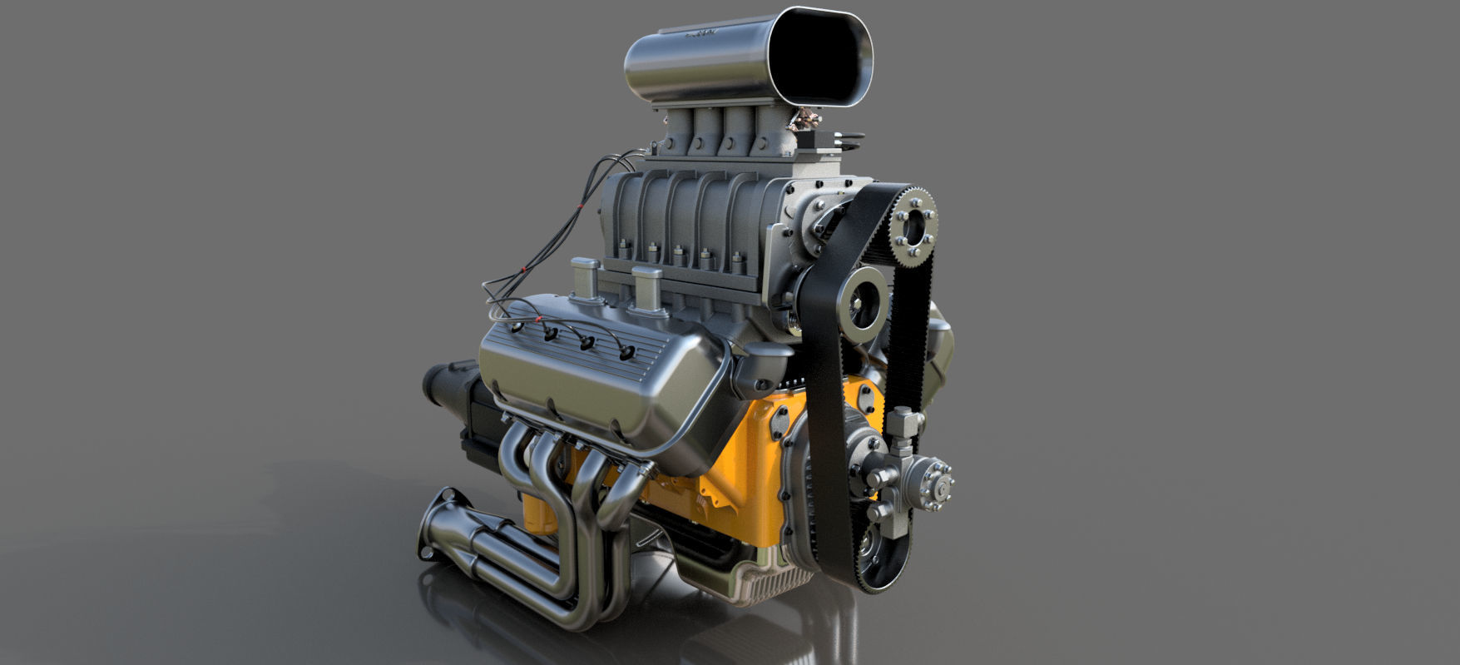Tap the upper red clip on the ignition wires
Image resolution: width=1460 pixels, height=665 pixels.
tap(522, 270)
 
